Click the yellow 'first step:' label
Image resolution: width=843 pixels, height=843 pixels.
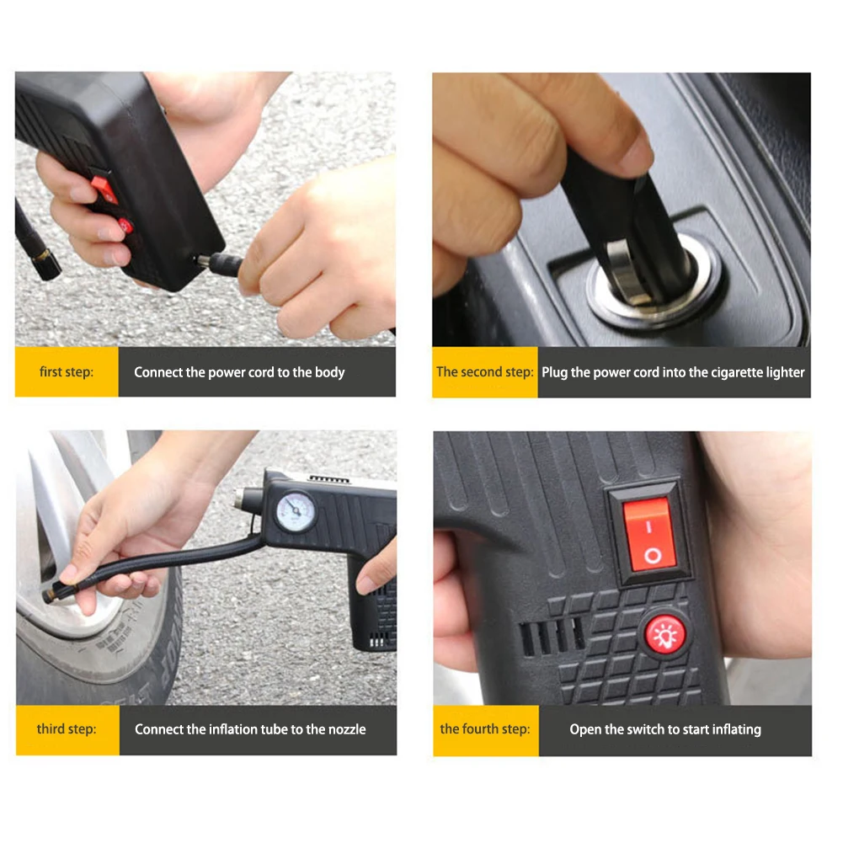pos(67,371)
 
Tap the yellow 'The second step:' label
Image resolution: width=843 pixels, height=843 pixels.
pos(484,372)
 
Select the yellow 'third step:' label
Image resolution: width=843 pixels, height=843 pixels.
pos(67,729)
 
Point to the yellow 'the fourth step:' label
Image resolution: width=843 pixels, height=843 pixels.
pos(485,729)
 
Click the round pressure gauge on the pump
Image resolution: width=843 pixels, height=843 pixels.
pos(296,512)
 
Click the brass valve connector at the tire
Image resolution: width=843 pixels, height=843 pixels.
pos(51,594)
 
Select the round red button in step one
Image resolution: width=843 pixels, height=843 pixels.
pos(125,225)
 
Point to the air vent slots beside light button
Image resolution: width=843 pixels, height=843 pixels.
pos(552,636)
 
